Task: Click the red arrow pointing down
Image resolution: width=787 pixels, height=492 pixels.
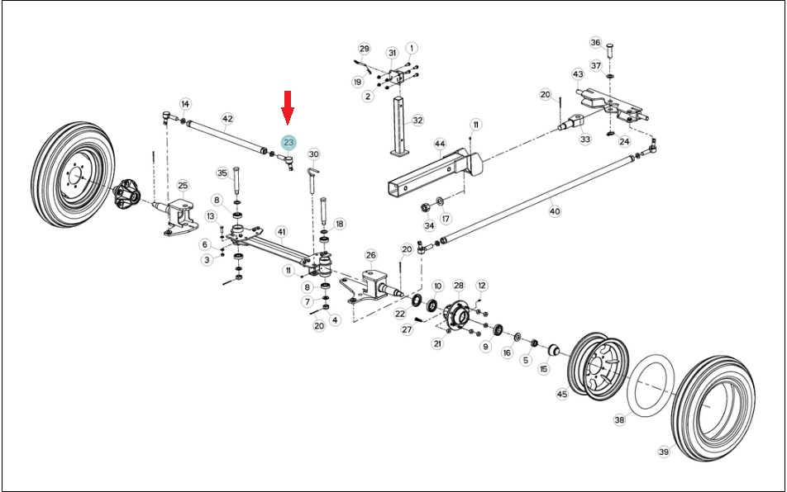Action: click(287, 107)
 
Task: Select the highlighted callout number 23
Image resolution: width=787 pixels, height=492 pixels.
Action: click(289, 143)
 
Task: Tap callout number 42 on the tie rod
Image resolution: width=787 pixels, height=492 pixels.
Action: click(228, 119)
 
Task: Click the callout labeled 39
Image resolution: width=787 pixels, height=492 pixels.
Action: click(664, 452)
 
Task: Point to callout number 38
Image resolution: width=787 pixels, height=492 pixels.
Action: click(620, 419)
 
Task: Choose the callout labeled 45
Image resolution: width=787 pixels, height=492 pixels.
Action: click(562, 395)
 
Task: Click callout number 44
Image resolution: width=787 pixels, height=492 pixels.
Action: click(440, 144)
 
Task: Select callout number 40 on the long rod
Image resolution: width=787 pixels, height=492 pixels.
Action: click(555, 211)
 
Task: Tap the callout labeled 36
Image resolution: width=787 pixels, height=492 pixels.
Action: click(596, 42)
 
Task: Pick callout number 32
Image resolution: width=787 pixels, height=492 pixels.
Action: click(417, 121)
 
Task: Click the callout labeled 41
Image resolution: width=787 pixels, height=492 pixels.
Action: click(282, 231)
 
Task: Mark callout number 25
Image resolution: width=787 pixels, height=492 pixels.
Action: click(183, 186)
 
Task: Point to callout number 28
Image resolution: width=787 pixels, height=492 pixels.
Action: click(459, 286)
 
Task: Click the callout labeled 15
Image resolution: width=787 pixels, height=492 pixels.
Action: click(544, 369)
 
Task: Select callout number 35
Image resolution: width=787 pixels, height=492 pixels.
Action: click(222, 173)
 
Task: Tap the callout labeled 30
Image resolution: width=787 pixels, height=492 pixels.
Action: click(313, 154)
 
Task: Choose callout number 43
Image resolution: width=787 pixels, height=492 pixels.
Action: click(578, 74)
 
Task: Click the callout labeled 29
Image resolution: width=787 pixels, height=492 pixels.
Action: click(365, 49)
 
